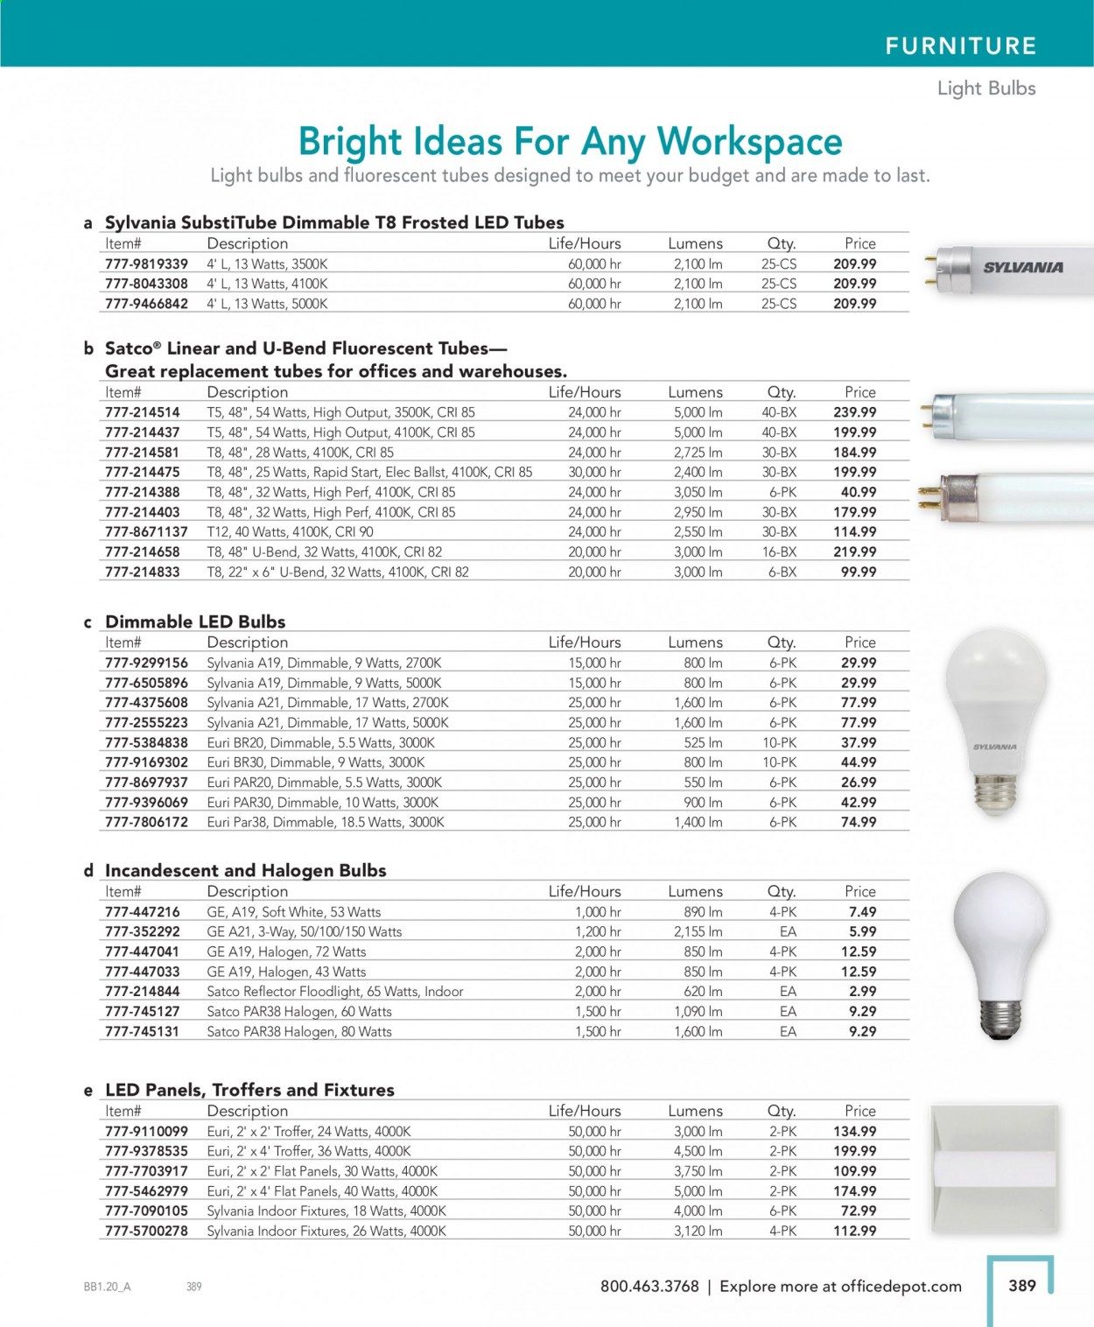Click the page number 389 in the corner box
[x=1022, y=1286]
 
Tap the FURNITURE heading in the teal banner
[x=960, y=46]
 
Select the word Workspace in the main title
[x=749, y=142]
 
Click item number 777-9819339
[x=146, y=264]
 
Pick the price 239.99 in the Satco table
[x=854, y=412]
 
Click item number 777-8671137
[x=146, y=532]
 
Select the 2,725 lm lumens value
[x=698, y=453]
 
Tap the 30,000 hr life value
[x=594, y=473]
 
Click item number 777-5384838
[x=146, y=742]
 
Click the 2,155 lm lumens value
[x=698, y=932]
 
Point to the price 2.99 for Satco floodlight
[x=862, y=992]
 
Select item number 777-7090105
[x=146, y=1211]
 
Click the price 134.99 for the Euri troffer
[x=854, y=1132]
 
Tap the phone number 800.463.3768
[x=649, y=1287]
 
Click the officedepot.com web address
[x=901, y=1287]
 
